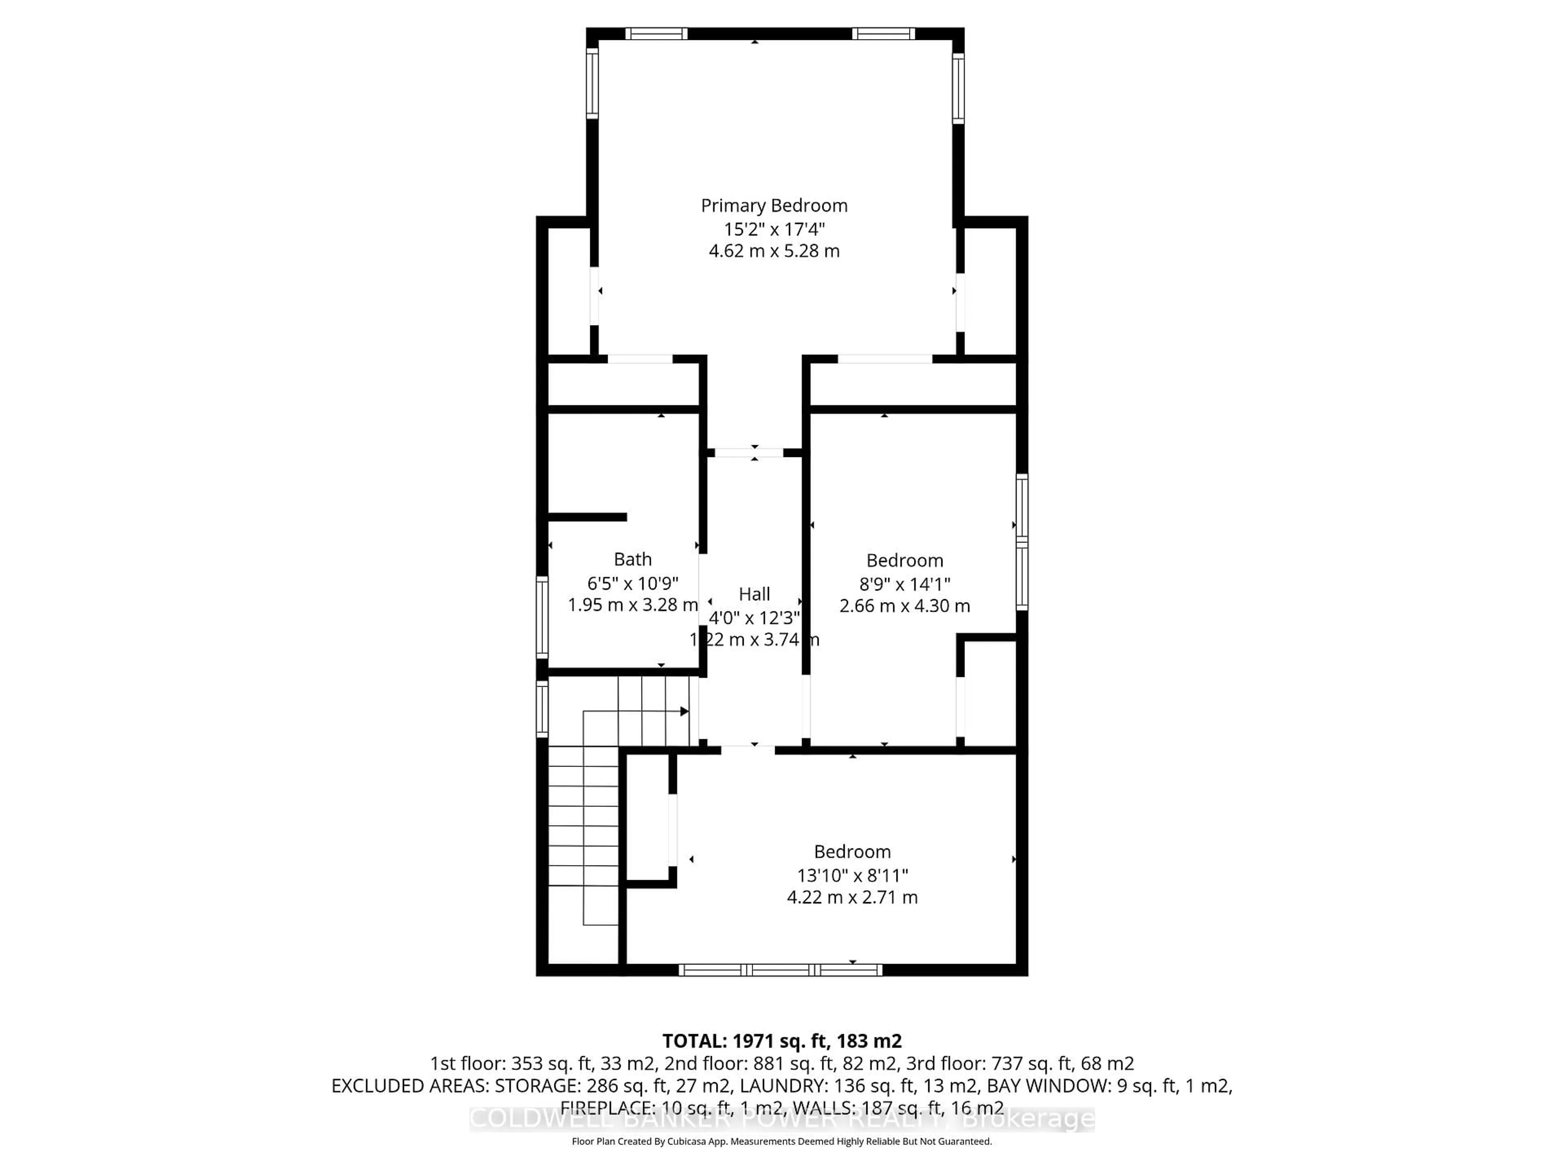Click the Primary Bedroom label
point(773,206)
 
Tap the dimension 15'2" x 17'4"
point(773,229)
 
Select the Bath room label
point(632,559)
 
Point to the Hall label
point(754,594)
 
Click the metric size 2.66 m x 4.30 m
point(904,606)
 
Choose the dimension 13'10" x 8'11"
point(852,875)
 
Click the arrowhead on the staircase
point(684,711)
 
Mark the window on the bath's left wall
point(542,617)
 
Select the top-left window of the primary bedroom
point(655,33)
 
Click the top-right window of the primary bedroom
point(883,33)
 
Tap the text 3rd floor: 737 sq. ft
point(1054,1063)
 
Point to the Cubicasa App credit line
point(781,1141)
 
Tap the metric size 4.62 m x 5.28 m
point(773,251)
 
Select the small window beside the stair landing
point(542,708)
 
